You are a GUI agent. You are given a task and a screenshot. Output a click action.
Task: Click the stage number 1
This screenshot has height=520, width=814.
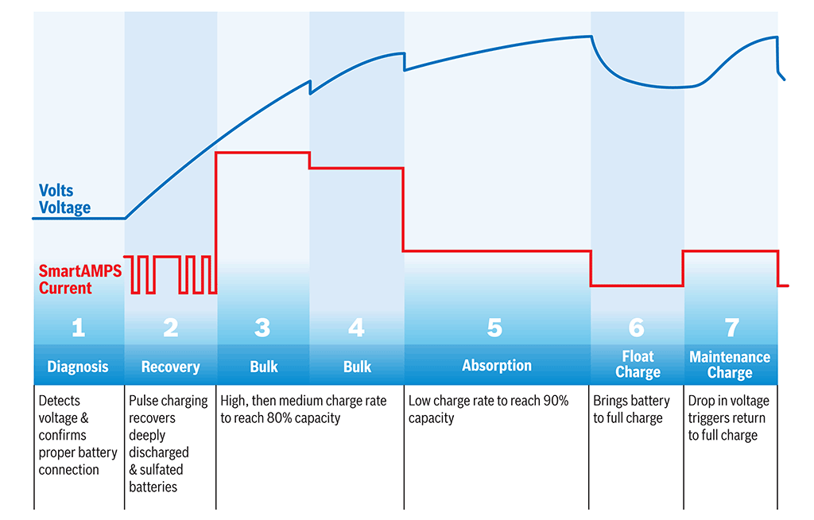pos(78,328)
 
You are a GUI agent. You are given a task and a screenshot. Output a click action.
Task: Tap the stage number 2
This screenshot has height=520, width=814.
pos(170,328)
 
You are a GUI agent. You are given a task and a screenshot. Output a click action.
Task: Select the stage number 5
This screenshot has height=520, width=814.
pos(495,328)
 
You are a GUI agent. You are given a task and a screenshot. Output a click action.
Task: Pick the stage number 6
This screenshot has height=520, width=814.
pos(637,328)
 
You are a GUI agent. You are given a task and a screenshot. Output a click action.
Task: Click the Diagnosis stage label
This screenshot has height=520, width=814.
pos(78,367)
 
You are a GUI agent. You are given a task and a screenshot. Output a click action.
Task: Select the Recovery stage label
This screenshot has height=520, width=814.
pos(170,367)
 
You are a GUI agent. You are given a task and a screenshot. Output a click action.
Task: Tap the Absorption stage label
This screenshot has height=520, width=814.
pos(497,366)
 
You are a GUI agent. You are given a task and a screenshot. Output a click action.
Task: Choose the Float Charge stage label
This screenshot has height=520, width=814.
pos(638,364)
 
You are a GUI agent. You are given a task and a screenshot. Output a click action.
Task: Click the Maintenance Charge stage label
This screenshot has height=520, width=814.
pos(730,365)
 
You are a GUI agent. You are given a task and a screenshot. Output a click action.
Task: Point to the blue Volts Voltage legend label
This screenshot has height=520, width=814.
pos(64,200)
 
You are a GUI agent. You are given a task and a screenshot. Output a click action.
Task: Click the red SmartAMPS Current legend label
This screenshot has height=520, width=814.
pos(79,279)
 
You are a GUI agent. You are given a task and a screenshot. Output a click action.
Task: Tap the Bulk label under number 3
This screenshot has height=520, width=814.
pos(264,367)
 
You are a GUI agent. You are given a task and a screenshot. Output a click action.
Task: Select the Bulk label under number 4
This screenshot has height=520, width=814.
pos(357,367)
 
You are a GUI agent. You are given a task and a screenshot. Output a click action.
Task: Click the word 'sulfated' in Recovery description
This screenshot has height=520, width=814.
pos(162,470)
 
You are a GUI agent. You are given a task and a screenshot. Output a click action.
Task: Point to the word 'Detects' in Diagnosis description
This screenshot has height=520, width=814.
pos(60,401)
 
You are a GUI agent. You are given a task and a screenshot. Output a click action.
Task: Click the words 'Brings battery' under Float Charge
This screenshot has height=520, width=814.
pos(631,401)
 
